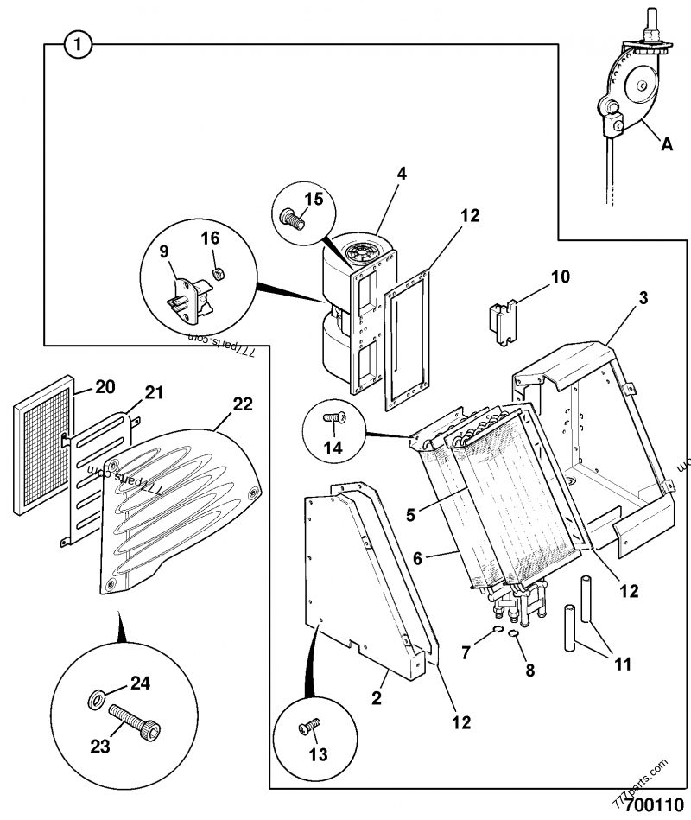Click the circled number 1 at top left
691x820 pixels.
click(x=77, y=44)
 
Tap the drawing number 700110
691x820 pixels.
click(x=653, y=805)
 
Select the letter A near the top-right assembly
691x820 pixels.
click(x=666, y=145)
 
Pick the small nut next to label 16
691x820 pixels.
click(x=219, y=273)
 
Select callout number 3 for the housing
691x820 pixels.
click(x=643, y=299)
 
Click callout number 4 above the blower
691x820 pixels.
click(x=402, y=172)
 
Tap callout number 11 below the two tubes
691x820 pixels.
click(x=622, y=664)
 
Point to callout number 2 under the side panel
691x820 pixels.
click(x=376, y=697)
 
